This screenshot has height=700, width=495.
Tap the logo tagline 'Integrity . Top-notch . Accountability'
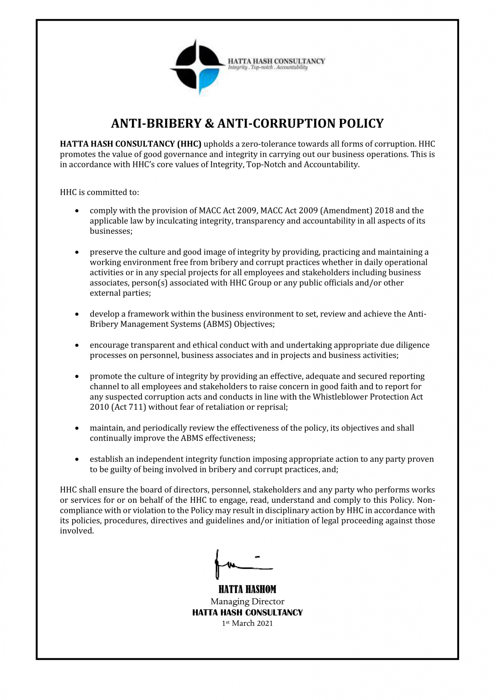click(x=268, y=68)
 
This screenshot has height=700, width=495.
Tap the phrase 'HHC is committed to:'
click(x=99, y=192)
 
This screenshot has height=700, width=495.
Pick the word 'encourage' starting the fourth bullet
click(x=109, y=345)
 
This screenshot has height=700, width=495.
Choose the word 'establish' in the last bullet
click(x=105, y=459)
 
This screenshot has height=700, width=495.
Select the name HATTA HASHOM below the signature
click(x=247, y=589)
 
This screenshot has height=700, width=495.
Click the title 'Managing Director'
click(x=247, y=601)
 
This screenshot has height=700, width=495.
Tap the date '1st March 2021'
click(x=247, y=623)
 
